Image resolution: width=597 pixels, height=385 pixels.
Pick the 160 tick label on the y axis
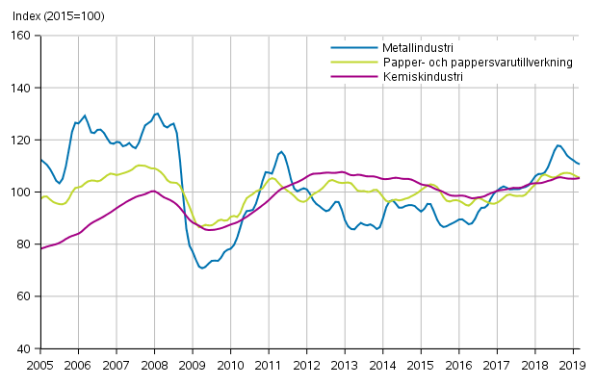pyautogui.click(x=22, y=36)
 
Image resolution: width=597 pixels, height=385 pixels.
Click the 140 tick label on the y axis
pyautogui.click(x=22, y=88)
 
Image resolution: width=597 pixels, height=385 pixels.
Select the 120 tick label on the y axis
pyautogui.click(x=22, y=140)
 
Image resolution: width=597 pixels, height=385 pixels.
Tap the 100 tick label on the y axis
pyautogui.click(x=22, y=192)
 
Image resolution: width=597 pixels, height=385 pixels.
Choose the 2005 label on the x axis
pyautogui.click(x=40, y=365)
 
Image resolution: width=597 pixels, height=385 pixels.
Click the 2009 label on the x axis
pyautogui.click(x=192, y=365)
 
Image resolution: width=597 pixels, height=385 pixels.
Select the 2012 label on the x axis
pyautogui.click(x=306, y=365)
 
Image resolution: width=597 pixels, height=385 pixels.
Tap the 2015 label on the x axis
pyautogui.click(x=420, y=365)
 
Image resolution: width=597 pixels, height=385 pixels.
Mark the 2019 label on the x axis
pyautogui.click(x=572, y=365)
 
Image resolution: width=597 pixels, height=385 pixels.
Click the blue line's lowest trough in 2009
pyautogui.click(x=202, y=268)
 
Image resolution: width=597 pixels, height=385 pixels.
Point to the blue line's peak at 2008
pyautogui.click(x=157, y=114)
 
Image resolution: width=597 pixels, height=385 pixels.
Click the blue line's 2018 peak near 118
pyautogui.click(x=558, y=145)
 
